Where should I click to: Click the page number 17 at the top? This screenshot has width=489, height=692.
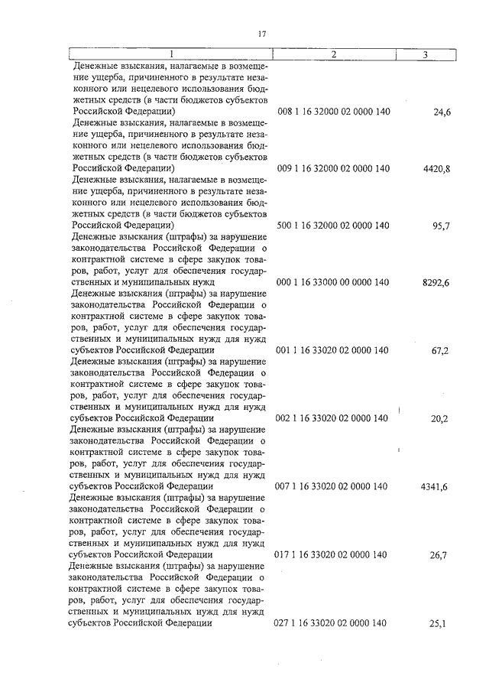261,34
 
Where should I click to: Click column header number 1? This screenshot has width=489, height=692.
171,54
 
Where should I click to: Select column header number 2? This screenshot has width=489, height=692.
334,54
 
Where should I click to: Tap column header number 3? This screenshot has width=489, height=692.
425,54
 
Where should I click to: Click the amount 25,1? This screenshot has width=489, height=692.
440,624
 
